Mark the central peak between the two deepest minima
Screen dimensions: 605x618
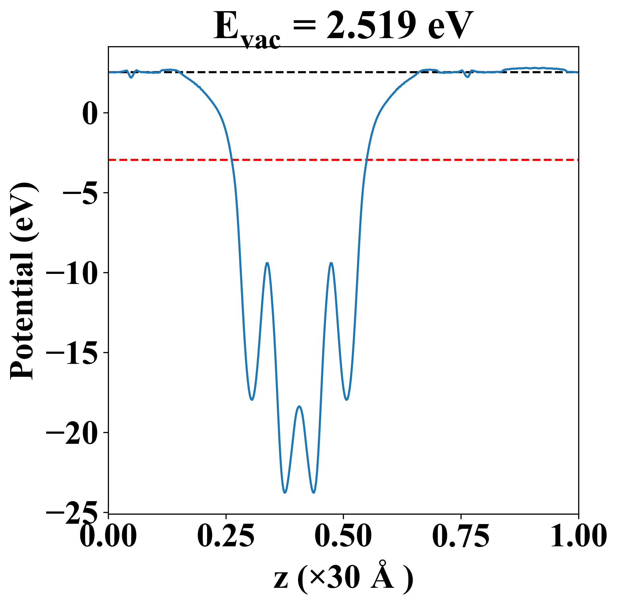click(299, 406)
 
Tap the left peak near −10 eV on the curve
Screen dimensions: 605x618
click(267, 263)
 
